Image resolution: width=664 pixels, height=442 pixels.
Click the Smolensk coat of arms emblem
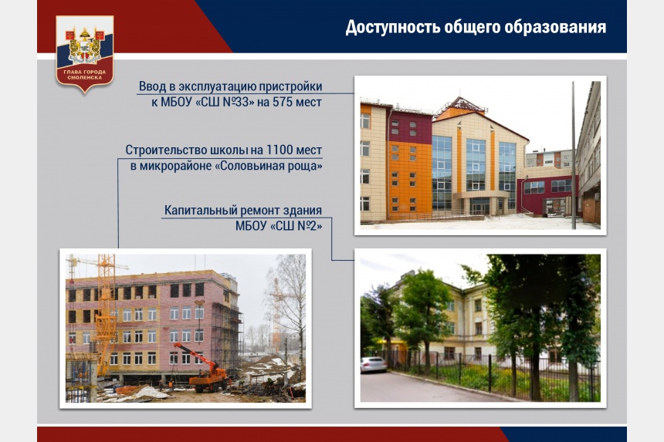click(x=85, y=53)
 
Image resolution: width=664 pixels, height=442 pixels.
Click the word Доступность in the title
click(x=392, y=27)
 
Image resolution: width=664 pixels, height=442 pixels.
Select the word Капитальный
click(x=202, y=211)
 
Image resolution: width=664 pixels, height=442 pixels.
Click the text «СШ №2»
click(x=296, y=226)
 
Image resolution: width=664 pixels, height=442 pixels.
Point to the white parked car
click(x=373, y=364)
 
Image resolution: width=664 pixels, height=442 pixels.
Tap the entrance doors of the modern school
click(x=479, y=208)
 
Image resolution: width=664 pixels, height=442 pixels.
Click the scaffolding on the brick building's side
click(x=225, y=334)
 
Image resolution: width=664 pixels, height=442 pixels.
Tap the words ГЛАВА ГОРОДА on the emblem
click(x=85, y=72)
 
